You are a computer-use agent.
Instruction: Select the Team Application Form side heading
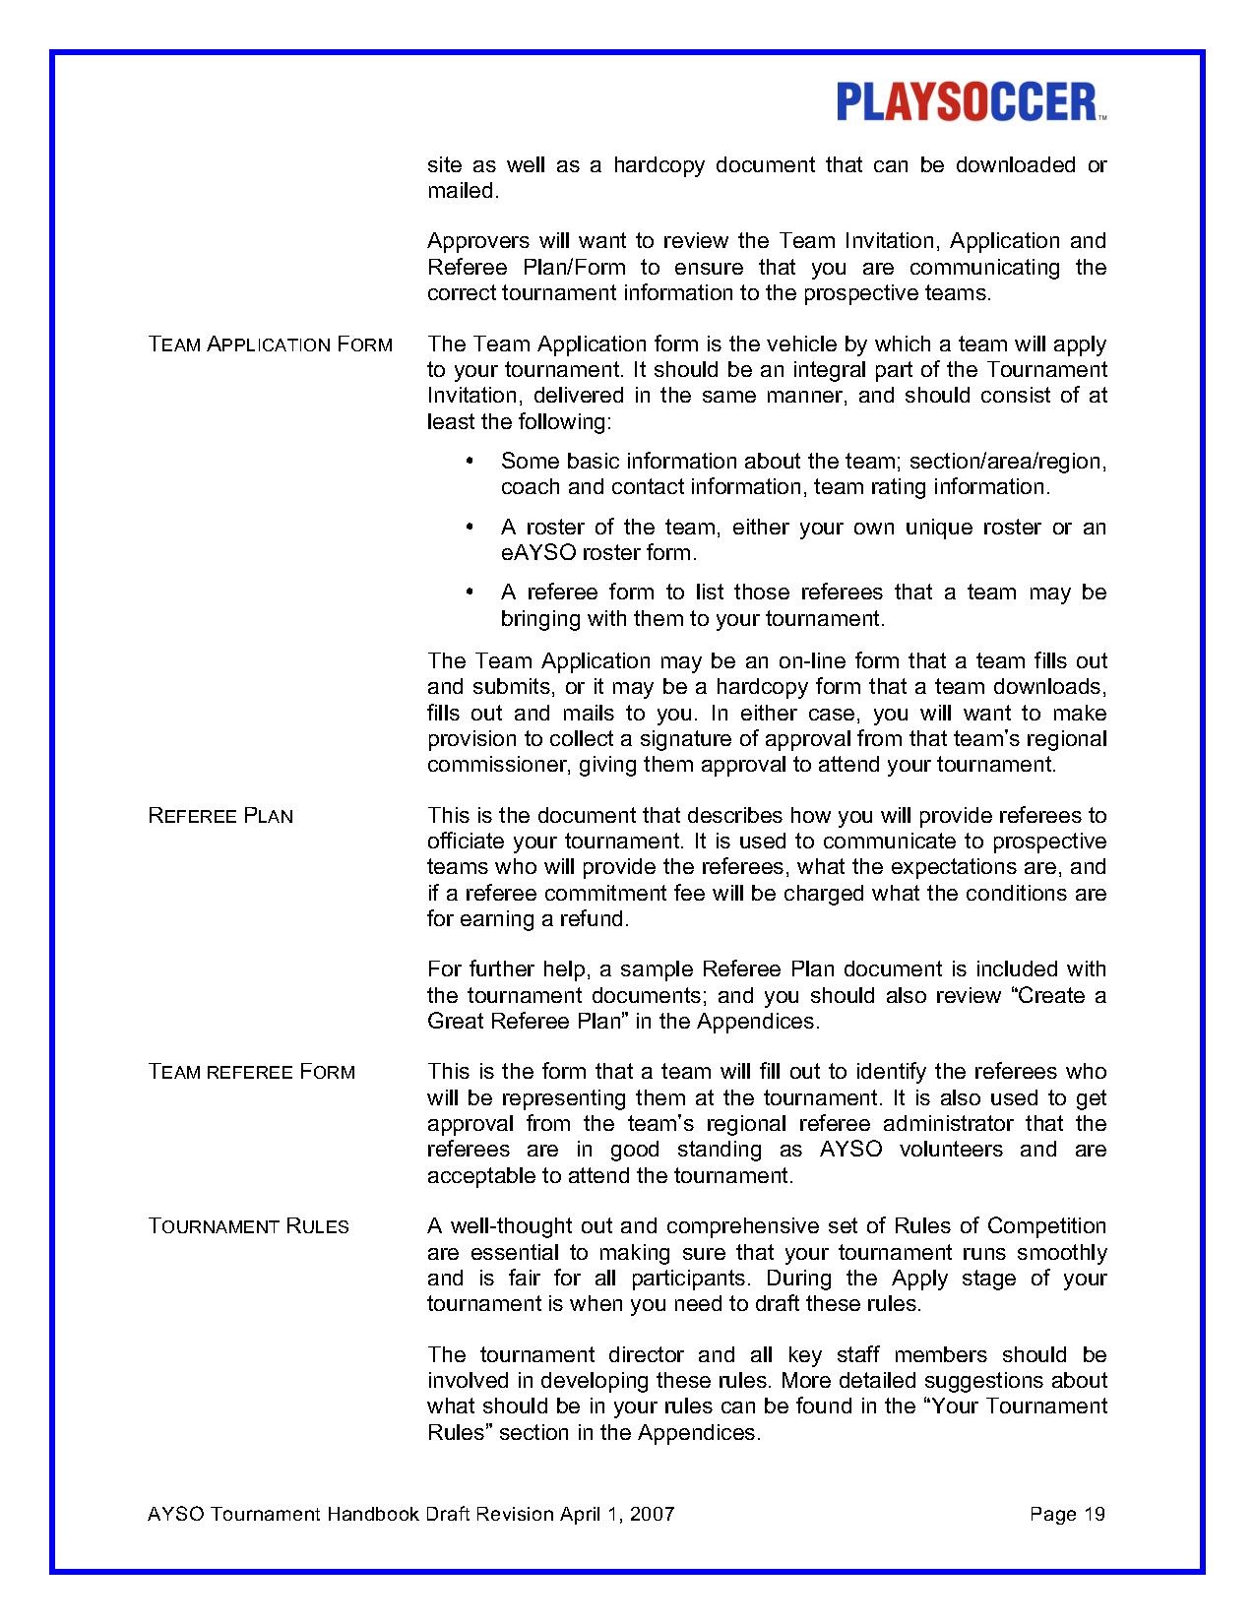click(x=270, y=344)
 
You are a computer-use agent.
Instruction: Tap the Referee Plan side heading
click(x=220, y=816)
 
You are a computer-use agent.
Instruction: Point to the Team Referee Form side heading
click(x=251, y=1072)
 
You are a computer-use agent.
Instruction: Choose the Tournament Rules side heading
click(x=248, y=1226)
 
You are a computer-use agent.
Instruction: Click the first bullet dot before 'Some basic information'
click(x=470, y=461)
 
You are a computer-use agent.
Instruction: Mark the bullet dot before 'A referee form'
click(x=470, y=593)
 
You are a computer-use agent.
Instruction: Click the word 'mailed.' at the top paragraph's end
click(x=463, y=191)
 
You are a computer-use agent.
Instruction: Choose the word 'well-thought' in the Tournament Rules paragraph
click(x=511, y=1226)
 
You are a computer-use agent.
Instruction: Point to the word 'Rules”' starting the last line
click(x=458, y=1432)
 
